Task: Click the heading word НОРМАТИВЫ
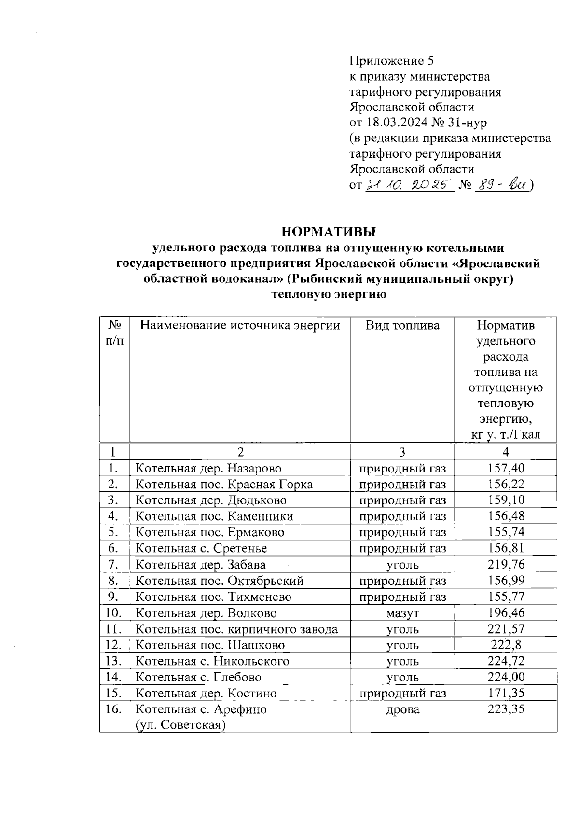[329, 232]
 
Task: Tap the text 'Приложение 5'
[391, 61]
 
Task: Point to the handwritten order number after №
[502, 185]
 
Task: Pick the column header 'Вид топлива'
[402, 325]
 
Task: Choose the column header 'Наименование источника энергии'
[240, 325]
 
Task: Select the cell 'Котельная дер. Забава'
[200, 564]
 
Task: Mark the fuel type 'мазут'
[402, 613]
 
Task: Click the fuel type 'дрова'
[402, 709]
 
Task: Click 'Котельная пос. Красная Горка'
[223, 484]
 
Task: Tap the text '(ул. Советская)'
[181, 725]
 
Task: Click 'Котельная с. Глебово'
[198, 677]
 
